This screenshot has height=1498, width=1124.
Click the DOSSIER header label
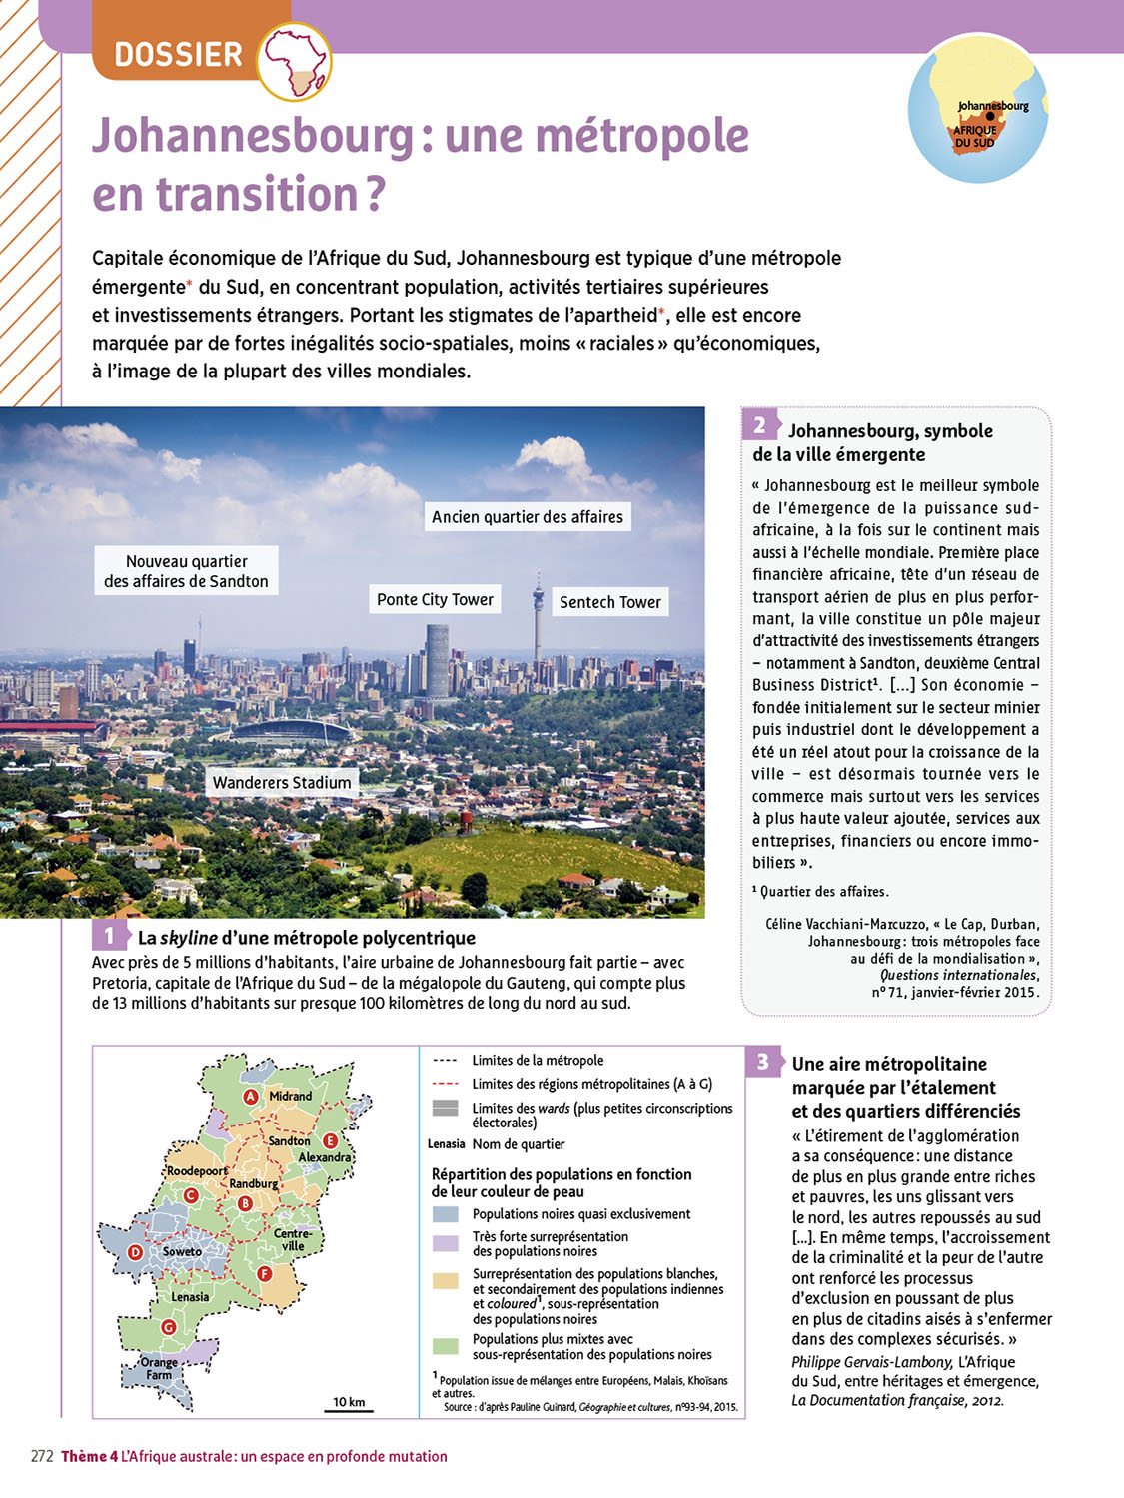point(178,54)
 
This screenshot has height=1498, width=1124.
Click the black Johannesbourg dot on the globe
point(990,117)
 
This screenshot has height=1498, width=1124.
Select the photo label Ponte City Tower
point(435,600)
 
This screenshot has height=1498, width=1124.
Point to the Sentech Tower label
point(609,602)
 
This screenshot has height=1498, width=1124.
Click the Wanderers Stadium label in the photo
point(281,783)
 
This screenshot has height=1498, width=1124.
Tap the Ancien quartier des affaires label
point(527,517)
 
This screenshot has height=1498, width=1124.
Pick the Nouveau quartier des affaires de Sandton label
point(187,571)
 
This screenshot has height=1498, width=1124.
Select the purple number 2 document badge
point(759,426)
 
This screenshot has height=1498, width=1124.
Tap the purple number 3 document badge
point(763,1062)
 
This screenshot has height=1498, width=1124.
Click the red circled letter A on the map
point(252,1097)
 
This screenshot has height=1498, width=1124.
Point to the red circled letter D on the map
point(137,1253)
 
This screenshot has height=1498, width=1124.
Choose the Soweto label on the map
point(182,1252)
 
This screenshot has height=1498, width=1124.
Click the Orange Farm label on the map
point(159,1368)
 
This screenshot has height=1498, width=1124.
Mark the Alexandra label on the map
point(325,1158)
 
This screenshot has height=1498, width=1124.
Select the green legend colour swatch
point(446,1346)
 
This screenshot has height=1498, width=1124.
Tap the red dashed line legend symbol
point(446,1084)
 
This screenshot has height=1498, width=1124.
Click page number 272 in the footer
point(41,1457)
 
